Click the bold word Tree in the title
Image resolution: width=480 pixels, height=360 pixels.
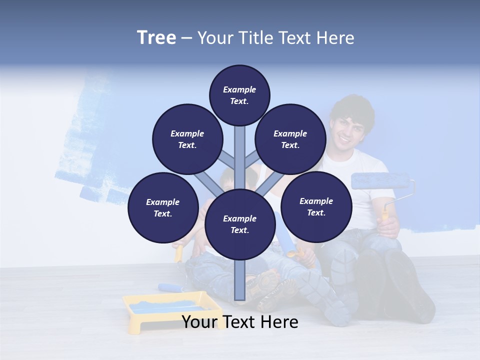point(156,38)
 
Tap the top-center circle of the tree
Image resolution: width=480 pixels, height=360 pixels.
point(239,95)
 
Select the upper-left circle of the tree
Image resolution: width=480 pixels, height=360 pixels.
point(187,139)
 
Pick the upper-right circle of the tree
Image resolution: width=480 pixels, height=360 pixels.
point(290,139)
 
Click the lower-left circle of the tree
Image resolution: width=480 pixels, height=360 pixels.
point(163,207)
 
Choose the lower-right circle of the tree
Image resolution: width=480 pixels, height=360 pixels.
point(316,206)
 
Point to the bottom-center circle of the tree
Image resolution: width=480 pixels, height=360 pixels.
point(239,224)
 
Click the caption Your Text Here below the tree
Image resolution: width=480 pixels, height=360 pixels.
point(240,322)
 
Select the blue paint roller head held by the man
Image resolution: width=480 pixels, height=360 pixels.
point(380,181)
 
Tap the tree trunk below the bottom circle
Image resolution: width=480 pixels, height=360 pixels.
point(239,280)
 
